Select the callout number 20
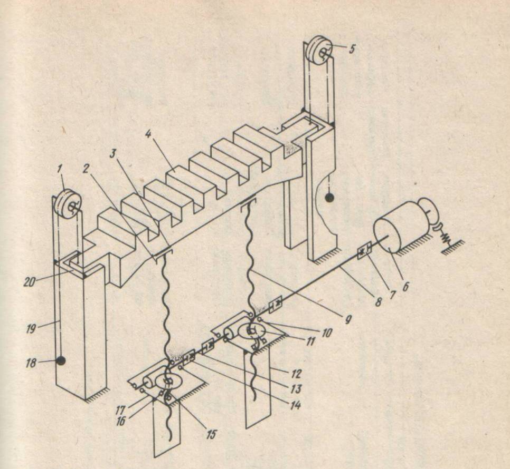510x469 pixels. coord(30,282)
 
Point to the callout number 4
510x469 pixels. coord(148,134)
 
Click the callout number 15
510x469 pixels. coord(211,434)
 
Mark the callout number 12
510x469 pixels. coord(297,374)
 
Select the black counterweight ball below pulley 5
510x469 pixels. coord(330,198)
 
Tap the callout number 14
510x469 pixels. coord(295,405)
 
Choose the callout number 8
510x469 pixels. coord(377,302)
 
